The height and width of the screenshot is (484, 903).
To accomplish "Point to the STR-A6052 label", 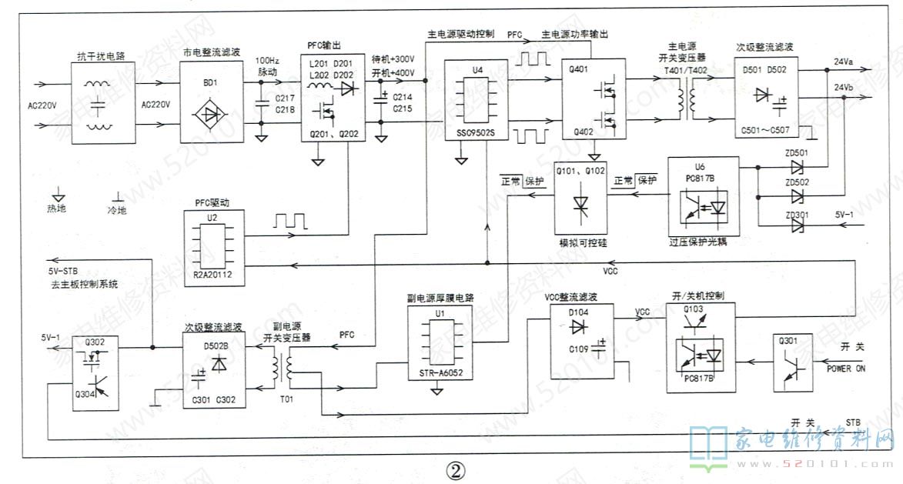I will pyautogui.click(x=436, y=375).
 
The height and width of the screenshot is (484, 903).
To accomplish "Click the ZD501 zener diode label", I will pyautogui.click(x=796, y=152).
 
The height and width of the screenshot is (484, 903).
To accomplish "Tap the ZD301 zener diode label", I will pyautogui.click(x=796, y=215).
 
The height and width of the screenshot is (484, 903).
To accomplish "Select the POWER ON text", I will pyautogui.click(x=846, y=369).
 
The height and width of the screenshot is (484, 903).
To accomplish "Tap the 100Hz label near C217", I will pyautogui.click(x=267, y=60).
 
